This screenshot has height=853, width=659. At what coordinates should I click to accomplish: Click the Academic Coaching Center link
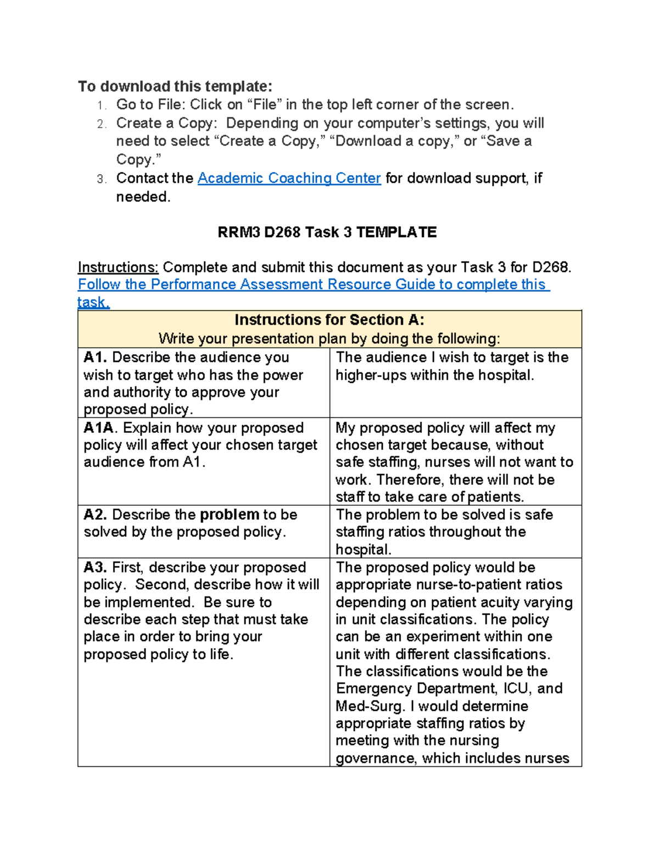[x=289, y=179]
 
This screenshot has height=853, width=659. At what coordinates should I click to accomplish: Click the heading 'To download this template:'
[x=175, y=86]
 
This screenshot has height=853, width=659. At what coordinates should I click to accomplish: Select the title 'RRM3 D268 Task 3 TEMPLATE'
[x=327, y=232]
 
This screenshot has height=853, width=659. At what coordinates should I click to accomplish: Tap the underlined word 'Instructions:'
[x=118, y=267]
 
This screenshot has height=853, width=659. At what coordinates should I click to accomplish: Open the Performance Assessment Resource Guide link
[x=313, y=285]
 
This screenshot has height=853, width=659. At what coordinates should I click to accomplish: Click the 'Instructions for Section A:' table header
[x=329, y=320]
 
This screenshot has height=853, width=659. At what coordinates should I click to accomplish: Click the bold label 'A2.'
[x=96, y=515]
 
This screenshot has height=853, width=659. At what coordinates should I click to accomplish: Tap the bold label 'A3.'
[x=96, y=567]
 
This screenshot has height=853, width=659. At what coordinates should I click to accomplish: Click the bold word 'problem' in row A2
[x=229, y=515]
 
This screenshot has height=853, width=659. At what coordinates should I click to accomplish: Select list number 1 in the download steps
[x=100, y=105]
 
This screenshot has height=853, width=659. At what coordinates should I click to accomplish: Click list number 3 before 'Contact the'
[x=100, y=180]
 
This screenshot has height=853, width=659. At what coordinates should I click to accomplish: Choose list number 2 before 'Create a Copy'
[x=100, y=124]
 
